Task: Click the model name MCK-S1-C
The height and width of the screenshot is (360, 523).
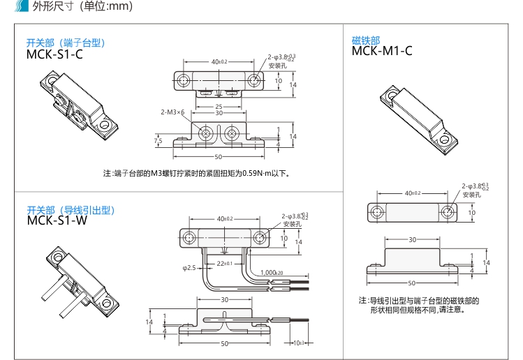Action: tap(54, 53)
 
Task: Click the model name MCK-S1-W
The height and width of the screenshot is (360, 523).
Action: tap(56, 220)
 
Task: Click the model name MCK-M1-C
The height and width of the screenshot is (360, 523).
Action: tap(382, 50)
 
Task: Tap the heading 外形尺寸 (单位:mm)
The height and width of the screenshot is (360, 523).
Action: tap(82, 8)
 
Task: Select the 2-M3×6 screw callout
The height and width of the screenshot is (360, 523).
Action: tap(172, 112)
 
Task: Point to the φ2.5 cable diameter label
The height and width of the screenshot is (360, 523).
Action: tap(189, 268)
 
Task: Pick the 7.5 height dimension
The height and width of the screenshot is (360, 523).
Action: tap(159, 141)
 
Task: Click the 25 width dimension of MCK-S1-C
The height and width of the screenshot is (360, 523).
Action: tap(219, 107)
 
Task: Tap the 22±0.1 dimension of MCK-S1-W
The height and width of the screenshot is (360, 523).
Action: tap(224, 263)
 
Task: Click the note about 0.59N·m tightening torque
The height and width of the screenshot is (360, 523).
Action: tap(196, 173)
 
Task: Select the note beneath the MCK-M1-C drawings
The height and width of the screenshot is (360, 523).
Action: tap(419, 305)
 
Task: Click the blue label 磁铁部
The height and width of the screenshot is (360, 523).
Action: tap(366, 40)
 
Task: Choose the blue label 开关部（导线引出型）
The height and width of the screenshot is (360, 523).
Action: tap(70, 210)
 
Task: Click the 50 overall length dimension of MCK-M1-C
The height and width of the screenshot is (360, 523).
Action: tap(412, 283)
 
